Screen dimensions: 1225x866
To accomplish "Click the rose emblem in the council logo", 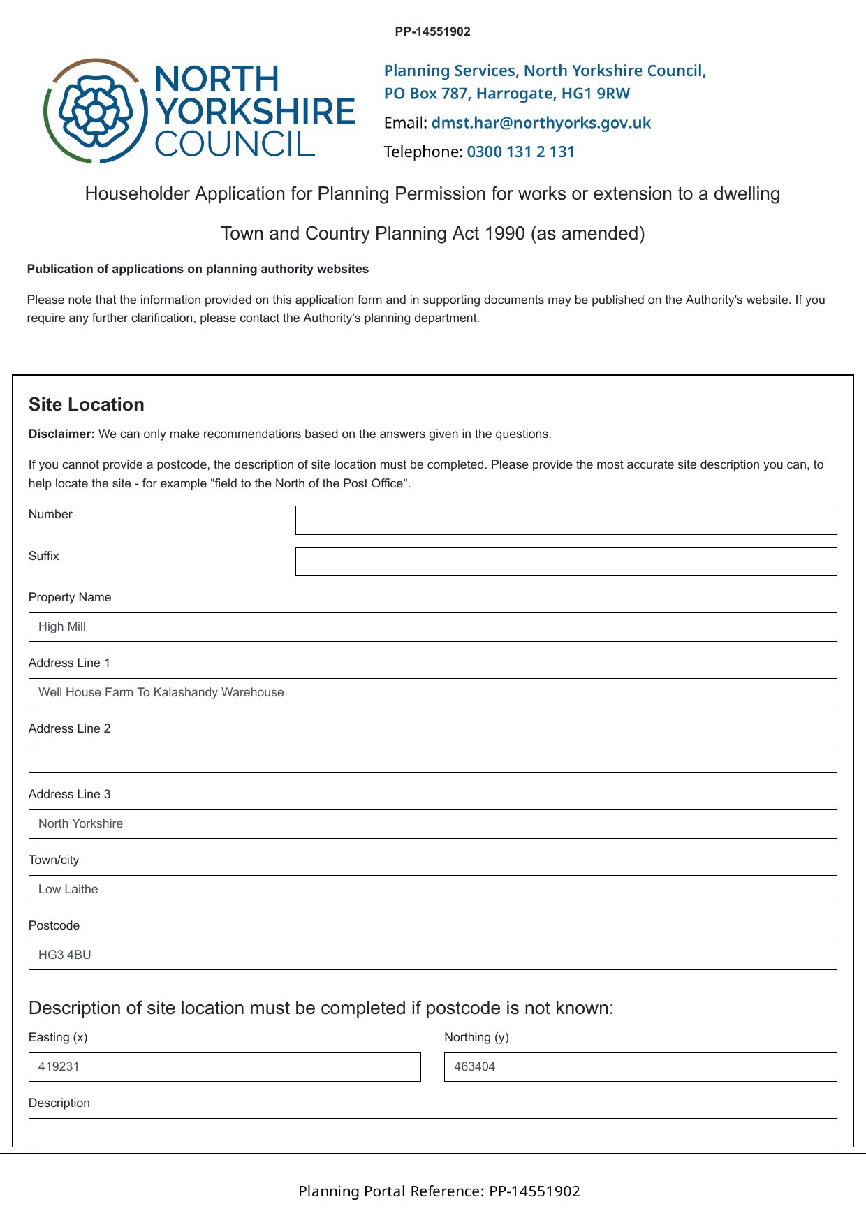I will click(96, 110).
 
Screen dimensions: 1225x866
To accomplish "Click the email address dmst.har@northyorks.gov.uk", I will click(541, 123).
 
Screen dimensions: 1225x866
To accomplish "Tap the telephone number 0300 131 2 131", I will click(520, 152).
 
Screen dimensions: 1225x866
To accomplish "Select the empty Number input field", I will click(566, 520).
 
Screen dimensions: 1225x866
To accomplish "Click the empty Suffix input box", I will click(566, 562).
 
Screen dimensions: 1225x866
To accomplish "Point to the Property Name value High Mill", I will click(62, 627).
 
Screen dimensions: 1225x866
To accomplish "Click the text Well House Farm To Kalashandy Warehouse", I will click(161, 693).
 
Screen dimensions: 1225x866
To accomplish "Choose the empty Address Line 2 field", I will click(432, 758).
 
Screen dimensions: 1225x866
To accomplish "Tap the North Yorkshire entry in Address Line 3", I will click(81, 824).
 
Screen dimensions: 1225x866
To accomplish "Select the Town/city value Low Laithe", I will click(68, 890).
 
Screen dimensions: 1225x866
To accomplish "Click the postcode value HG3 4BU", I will click(65, 955).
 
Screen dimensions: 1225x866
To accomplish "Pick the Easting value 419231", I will click(59, 1067).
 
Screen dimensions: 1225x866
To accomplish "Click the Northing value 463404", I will click(475, 1067).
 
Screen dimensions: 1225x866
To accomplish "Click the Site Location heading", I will click(87, 405).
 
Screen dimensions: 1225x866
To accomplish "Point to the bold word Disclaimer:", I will click(61, 434).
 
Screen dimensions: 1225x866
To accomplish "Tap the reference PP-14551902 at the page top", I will click(432, 31).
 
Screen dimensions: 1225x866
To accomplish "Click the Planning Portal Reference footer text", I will click(439, 1191).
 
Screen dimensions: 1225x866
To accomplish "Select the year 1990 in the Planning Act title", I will click(505, 233).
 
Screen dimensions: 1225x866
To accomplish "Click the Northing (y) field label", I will click(476, 1037).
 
